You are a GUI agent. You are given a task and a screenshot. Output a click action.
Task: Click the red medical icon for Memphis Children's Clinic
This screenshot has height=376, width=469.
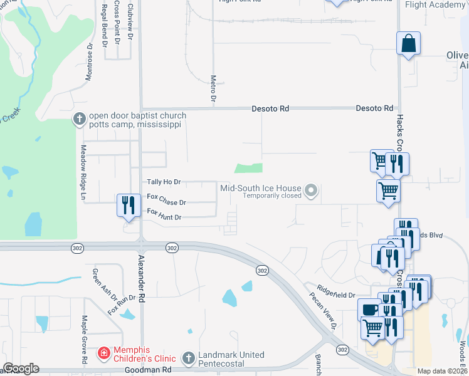[x=103, y=354]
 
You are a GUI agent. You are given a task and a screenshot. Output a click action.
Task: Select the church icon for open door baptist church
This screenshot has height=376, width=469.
[x=80, y=118]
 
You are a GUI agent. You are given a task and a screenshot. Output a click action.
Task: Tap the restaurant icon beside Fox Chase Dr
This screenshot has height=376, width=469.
[x=127, y=205]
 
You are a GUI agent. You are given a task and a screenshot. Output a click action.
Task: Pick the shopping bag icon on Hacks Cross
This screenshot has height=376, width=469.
[x=408, y=43]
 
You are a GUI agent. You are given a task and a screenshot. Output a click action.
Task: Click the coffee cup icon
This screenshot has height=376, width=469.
[x=369, y=309]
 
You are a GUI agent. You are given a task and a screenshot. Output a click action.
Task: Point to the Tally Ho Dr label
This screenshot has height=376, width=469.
[x=164, y=182]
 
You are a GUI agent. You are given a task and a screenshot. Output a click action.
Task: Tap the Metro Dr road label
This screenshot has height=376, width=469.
[x=213, y=89]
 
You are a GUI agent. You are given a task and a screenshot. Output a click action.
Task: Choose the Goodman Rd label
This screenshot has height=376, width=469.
[x=149, y=370]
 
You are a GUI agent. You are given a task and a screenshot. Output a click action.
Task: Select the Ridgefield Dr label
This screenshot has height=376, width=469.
[x=336, y=292]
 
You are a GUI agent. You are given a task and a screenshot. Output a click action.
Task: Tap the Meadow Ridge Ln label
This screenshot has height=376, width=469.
[x=82, y=173]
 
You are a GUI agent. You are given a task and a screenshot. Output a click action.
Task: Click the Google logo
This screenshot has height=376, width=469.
[x=21, y=368]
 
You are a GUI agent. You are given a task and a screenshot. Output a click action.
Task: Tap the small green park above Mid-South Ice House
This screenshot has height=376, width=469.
[x=248, y=168]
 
